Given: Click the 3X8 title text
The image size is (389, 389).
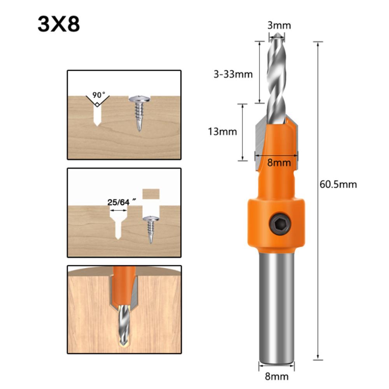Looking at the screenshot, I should point(59,24).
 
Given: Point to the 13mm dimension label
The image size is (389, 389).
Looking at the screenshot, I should point(222,132).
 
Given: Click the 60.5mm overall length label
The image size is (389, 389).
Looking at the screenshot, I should point(338,184).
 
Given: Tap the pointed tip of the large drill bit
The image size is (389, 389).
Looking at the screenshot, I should point(277,35).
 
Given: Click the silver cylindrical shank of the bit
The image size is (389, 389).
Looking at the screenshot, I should point(277,303).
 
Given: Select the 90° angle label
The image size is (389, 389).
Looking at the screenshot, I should point(99,95).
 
